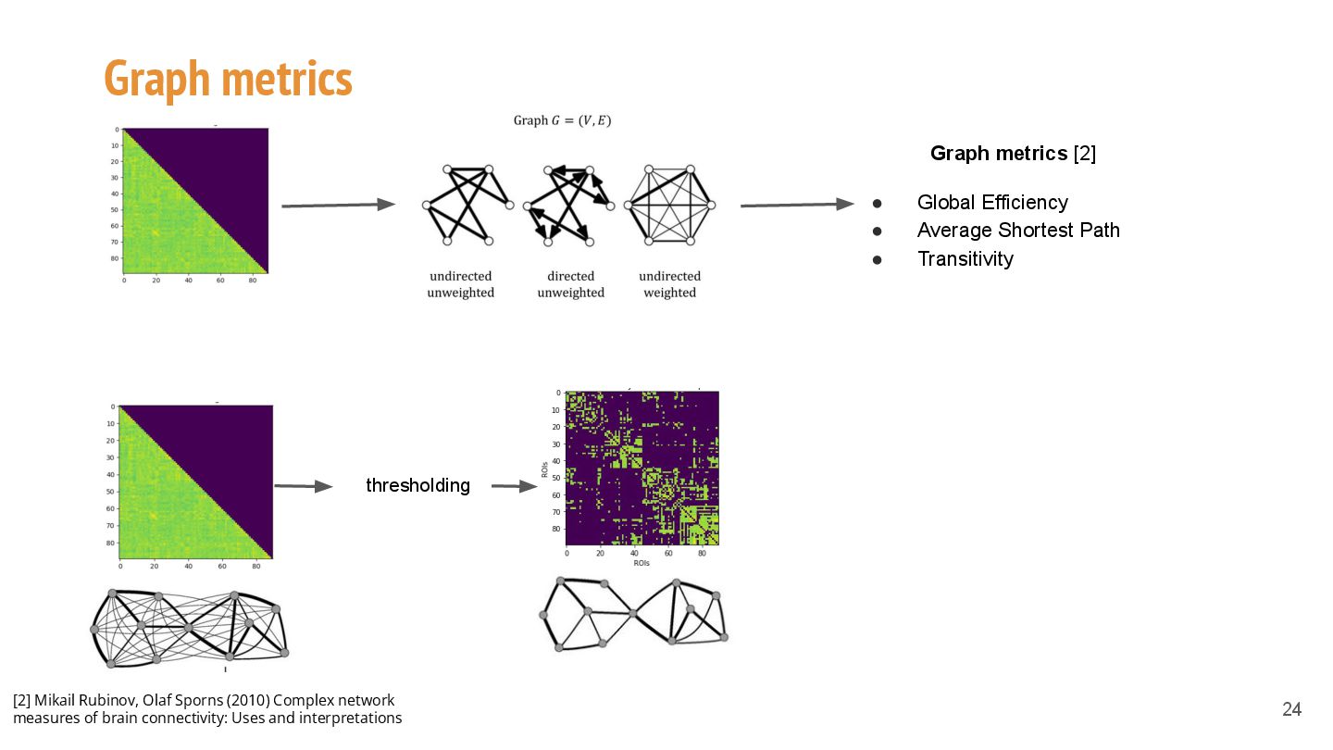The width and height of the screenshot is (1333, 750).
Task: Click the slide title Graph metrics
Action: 228,79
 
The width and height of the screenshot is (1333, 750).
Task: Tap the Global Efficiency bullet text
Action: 992,203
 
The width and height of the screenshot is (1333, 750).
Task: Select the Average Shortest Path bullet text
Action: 1018,231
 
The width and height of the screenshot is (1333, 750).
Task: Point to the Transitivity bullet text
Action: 965,259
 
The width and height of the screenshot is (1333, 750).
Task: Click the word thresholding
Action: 417,485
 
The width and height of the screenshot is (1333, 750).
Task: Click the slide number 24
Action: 1291,709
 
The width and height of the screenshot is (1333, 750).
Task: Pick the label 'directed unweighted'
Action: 570,284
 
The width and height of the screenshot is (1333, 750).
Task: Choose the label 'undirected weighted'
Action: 669,284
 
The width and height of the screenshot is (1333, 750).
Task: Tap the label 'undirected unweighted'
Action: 460,284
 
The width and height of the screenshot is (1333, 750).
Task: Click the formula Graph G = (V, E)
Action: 562,121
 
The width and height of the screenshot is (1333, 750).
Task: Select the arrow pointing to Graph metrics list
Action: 796,205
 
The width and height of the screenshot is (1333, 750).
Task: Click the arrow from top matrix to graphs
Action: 338,205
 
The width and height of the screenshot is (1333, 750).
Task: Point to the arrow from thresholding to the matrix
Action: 514,486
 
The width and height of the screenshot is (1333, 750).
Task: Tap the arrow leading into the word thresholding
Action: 303,486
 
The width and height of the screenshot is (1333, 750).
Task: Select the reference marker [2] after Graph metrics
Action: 1085,154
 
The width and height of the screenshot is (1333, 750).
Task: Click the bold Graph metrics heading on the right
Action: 999,154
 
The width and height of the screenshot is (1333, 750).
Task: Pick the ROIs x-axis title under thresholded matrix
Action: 642,563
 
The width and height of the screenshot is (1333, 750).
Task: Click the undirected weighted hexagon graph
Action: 669,205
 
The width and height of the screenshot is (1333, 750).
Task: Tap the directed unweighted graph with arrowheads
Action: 568,205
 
